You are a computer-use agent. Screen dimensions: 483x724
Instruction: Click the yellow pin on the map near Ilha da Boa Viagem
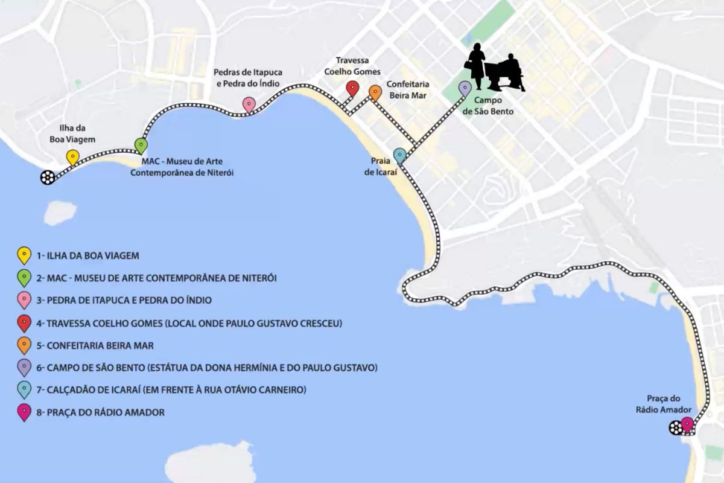72,157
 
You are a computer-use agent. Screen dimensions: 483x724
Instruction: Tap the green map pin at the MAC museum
141,145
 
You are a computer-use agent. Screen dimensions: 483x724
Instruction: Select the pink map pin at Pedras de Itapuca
248,104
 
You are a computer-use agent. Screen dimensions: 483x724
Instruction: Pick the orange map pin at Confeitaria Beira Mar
375,92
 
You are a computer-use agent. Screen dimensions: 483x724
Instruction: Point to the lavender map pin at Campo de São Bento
465,88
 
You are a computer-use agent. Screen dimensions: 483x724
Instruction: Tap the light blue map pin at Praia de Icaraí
399,156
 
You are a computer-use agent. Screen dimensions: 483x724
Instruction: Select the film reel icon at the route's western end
48,177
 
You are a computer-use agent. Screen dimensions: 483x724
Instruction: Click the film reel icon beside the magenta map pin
675,428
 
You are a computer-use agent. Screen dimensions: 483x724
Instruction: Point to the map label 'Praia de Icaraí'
378,167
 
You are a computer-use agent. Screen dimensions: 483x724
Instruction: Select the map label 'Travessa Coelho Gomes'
358,66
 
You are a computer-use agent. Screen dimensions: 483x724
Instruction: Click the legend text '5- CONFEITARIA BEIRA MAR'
95,345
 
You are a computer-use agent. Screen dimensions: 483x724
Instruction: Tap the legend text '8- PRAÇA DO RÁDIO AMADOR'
100,412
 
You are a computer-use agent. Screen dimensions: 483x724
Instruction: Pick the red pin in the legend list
24,324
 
